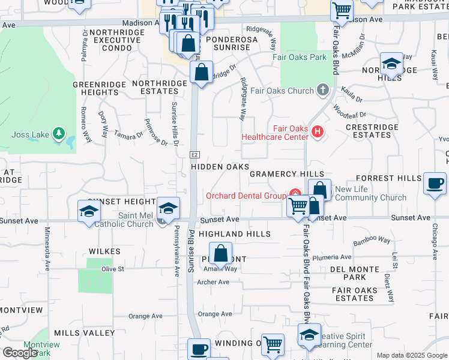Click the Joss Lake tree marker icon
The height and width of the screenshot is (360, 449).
58,132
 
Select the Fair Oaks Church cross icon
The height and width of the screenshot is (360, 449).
324,91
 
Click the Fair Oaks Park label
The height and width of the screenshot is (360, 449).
300,58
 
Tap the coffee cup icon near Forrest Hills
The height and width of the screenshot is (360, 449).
434,184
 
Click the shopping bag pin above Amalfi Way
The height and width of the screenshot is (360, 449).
221,253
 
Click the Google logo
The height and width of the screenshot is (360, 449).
19,353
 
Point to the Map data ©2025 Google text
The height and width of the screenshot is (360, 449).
411,355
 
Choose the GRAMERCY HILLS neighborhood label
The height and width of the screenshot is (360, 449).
286,174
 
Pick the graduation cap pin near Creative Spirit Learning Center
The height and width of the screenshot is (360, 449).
309,335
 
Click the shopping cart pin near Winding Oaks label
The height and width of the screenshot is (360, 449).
273,344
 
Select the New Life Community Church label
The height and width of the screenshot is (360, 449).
370,193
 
